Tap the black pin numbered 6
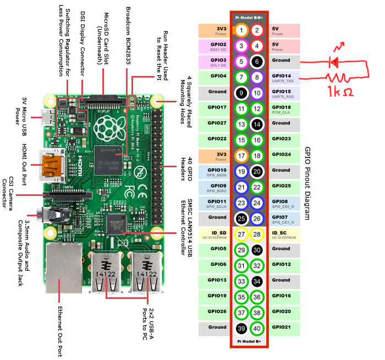point(257,62)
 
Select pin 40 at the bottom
point(257,329)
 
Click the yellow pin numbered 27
point(241,235)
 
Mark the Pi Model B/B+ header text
point(249,18)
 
